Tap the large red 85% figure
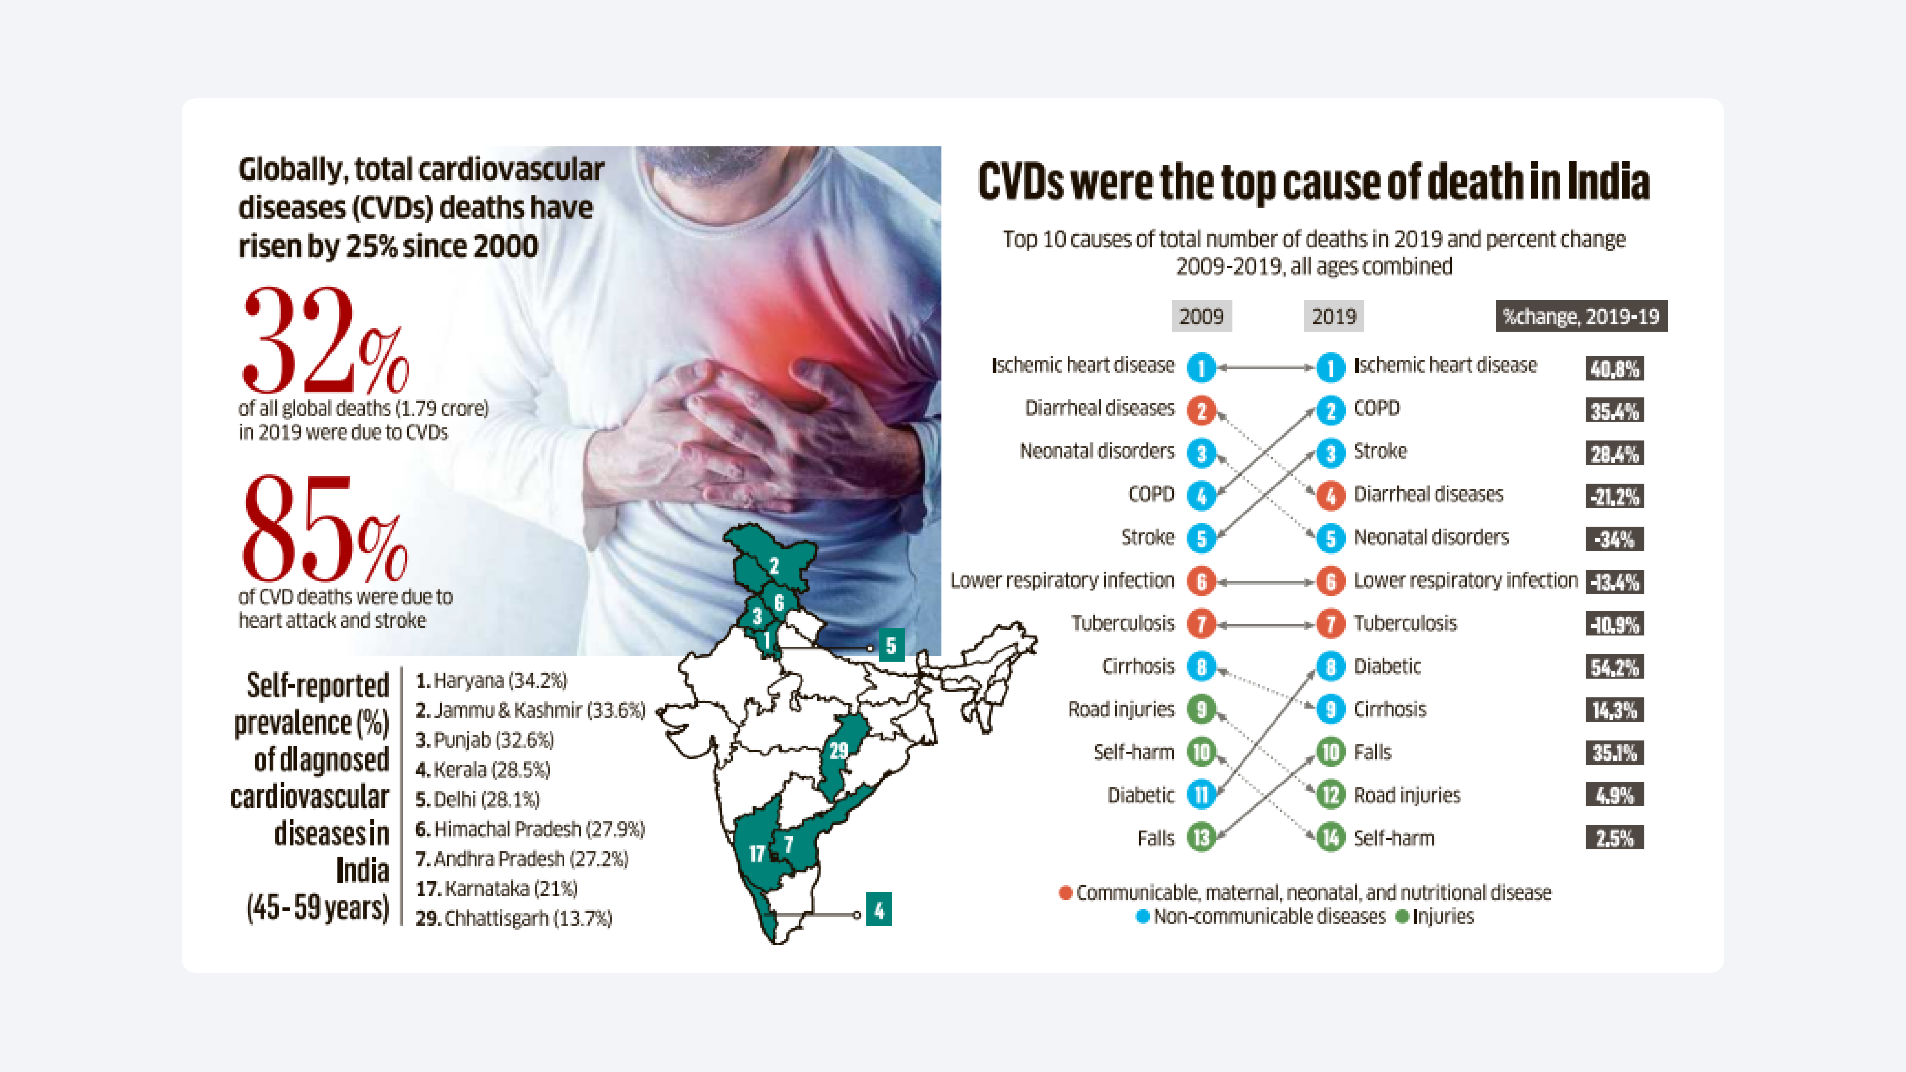coord(324,530)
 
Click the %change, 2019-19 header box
coord(1581,317)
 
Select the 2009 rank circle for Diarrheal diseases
coord(1201,411)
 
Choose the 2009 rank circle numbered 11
coord(1201,795)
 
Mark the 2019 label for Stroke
coord(1380,451)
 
